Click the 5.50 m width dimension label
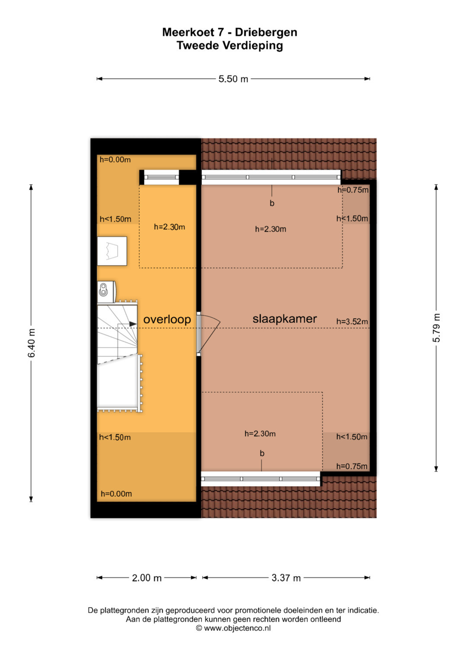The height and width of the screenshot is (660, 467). point(233,79)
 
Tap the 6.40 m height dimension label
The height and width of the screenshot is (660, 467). point(31,343)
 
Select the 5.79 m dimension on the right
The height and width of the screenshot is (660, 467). point(436,328)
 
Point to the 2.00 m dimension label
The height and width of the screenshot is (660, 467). point(147,578)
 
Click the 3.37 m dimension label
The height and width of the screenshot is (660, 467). point(286,578)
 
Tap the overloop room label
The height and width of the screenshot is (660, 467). point(167,320)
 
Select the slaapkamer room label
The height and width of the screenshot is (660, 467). point(285,319)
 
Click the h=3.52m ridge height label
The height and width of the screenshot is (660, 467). point(352,322)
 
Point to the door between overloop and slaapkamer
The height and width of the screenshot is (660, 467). point(208,334)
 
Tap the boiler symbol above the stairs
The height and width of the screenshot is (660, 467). point(106,291)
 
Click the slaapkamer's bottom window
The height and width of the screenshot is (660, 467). point(261,479)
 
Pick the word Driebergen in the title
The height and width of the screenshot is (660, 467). point(266,32)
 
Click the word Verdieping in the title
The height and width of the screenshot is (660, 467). point(253,46)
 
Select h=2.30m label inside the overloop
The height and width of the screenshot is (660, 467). point(170,227)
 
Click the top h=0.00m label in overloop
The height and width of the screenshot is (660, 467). point(115,159)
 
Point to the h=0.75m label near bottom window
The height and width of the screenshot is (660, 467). point(352,466)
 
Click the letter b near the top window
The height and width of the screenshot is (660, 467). point(272,203)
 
